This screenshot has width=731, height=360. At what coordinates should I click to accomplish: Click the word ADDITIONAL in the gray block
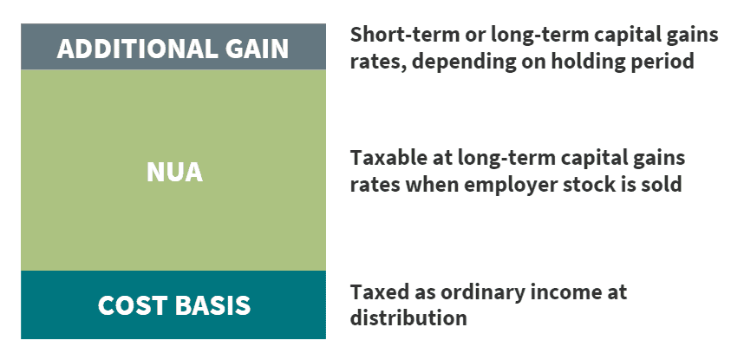coord(134,49)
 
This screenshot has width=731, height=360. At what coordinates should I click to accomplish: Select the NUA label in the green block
coord(175,172)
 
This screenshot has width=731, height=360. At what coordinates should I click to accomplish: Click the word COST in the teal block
coord(132,305)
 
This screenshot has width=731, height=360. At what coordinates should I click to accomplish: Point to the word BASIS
coord(212,305)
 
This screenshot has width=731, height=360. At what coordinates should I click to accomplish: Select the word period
coord(662,62)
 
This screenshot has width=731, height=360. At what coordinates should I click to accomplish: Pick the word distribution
coord(408,318)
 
